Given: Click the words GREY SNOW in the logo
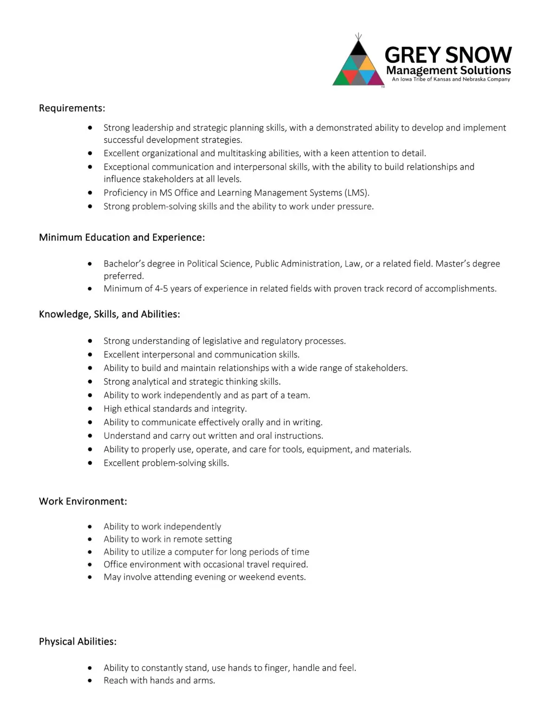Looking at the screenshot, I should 448,55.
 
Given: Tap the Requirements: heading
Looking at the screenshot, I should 72,108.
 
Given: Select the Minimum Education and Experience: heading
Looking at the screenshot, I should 122,238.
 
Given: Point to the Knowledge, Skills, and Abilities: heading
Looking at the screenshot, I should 109,314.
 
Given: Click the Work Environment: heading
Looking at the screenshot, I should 83,502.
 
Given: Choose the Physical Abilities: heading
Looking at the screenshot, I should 78,642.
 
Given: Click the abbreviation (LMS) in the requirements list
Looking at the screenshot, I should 357,193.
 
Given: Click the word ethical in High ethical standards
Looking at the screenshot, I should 138,409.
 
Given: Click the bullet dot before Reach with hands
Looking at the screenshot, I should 90,681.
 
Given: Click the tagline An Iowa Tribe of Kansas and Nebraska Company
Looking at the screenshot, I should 451,79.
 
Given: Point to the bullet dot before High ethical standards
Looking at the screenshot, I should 90,409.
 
